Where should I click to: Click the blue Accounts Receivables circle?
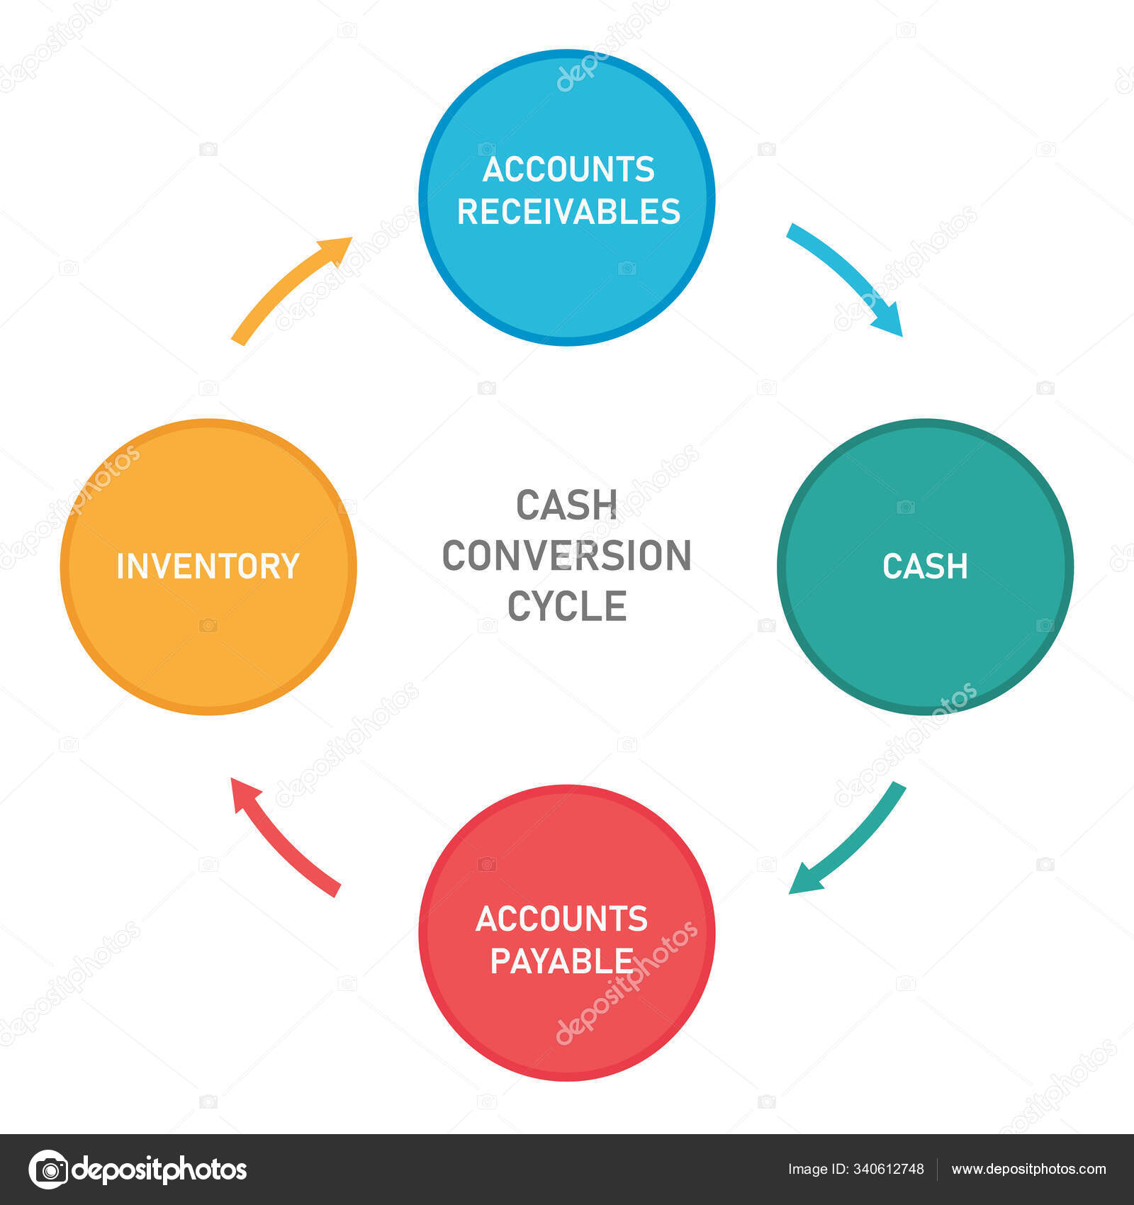point(566,198)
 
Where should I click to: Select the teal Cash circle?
point(925,566)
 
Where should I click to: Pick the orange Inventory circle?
point(208,566)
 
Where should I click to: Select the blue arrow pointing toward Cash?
point(850,273)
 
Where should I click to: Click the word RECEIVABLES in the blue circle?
point(568,211)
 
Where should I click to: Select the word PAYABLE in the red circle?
point(561,961)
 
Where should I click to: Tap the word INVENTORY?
point(208,566)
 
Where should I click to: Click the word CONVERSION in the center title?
point(566,555)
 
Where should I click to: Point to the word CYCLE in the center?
point(567,606)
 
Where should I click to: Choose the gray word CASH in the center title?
point(566,505)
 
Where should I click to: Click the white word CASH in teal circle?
point(925,566)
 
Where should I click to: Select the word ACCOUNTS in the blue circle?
point(568,169)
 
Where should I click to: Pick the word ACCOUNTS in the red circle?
point(561,919)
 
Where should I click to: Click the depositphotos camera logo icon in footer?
point(48,1169)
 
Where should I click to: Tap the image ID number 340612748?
point(889,1170)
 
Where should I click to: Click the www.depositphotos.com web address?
point(1028,1170)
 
